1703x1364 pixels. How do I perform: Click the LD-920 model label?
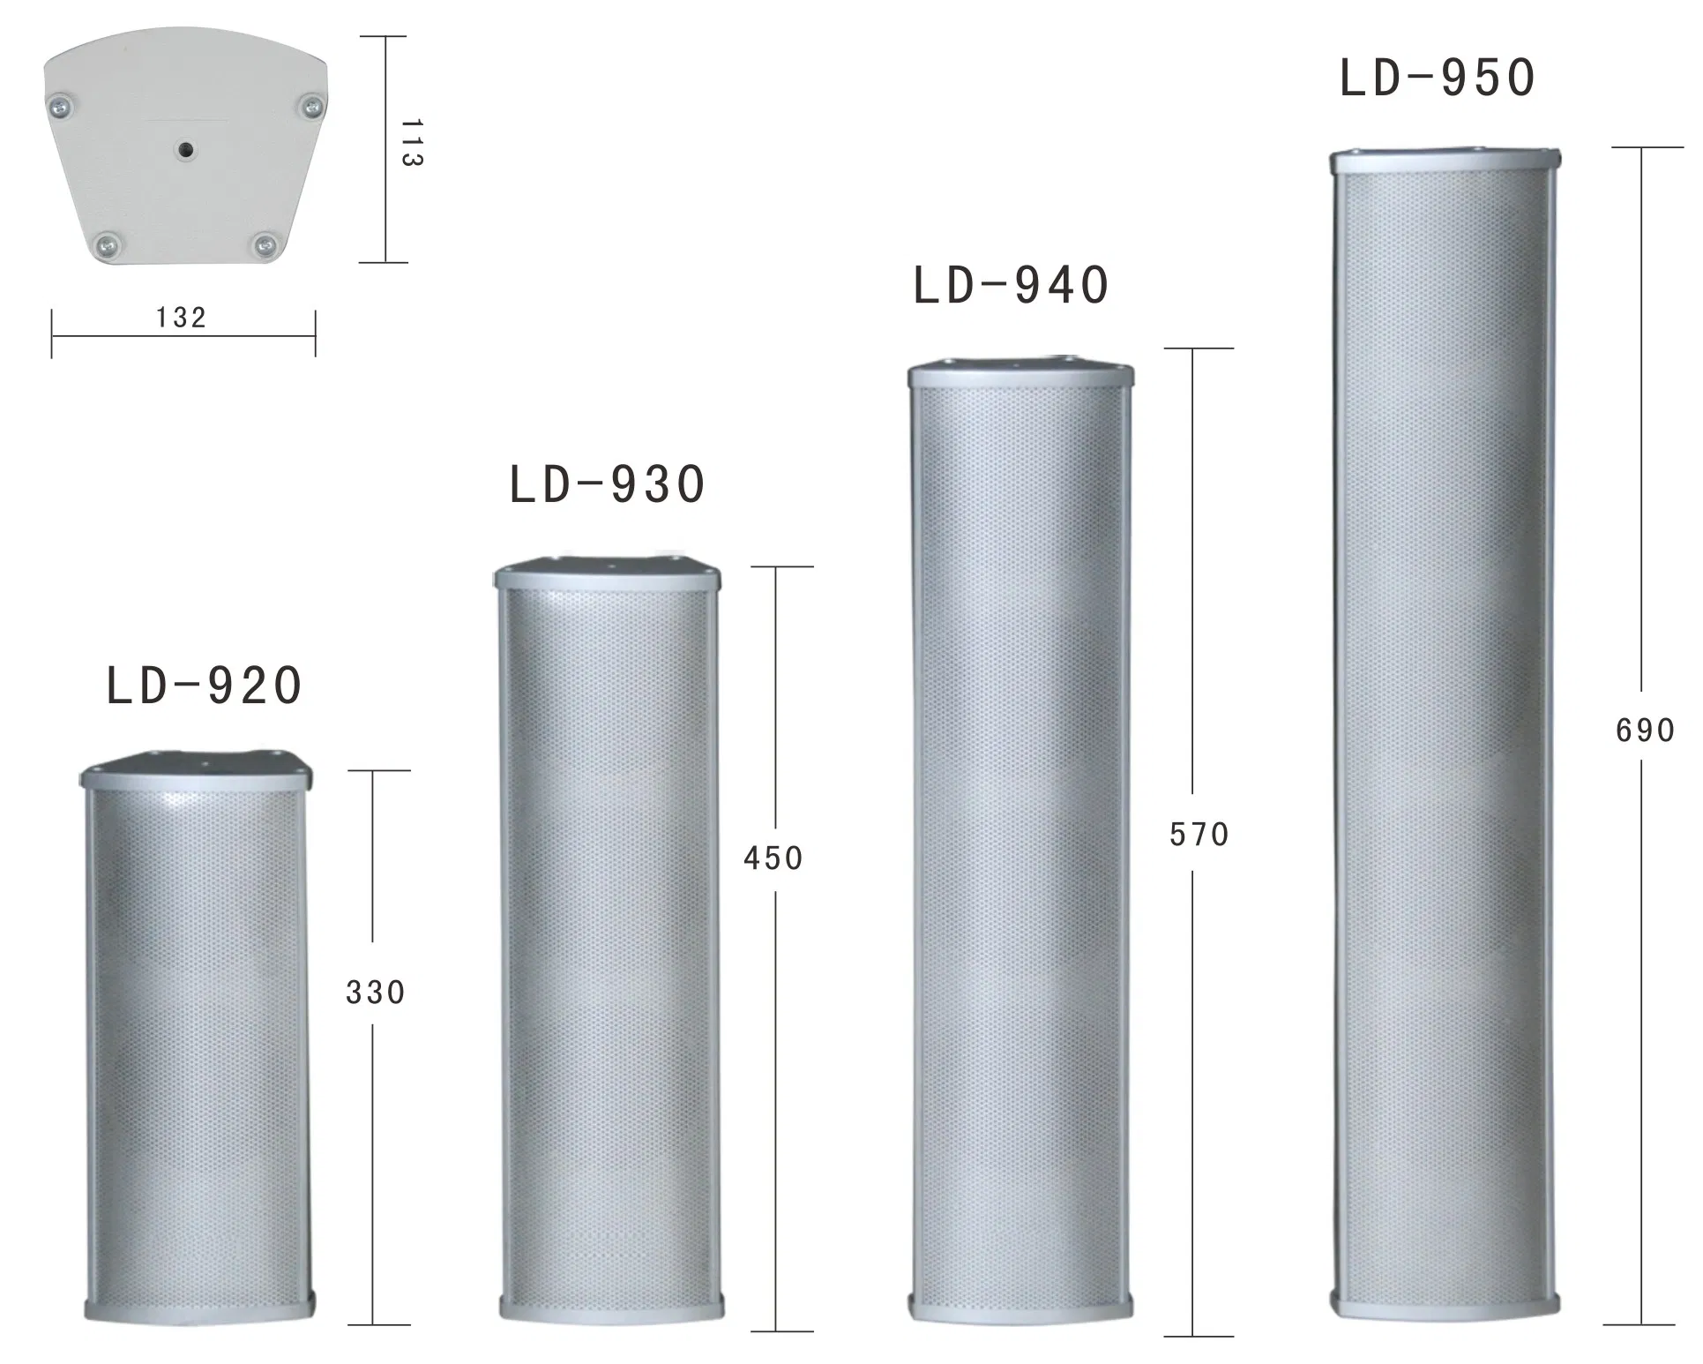coord(205,686)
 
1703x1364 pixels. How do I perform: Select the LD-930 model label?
coord(608,484)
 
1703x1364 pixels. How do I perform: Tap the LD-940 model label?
coord(1011,286)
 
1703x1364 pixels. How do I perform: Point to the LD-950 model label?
coord(1438,78)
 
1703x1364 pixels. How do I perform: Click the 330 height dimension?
coord(375,993)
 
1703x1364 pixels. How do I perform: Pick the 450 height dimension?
coord(773,858)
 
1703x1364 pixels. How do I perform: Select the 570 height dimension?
coord(1199,835)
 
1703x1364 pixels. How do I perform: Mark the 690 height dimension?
coord(1645,731)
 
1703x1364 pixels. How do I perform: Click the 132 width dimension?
coord(181,318)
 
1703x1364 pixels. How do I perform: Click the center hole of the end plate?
coord(186,151)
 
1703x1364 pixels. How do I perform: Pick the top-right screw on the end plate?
coord(312,107)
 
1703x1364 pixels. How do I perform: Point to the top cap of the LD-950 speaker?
coord(1444,161)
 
